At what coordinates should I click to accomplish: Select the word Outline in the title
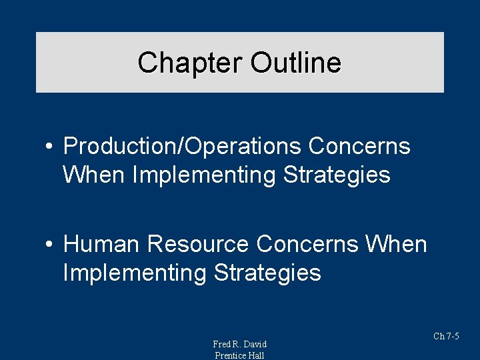click(295, 63)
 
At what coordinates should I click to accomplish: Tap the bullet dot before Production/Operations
click(50, 147)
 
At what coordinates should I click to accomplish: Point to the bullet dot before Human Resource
click(50, 245)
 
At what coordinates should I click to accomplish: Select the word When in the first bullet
click(94, 175)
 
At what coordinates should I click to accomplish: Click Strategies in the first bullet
click(337, 175)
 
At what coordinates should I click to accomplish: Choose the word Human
click(101, 244)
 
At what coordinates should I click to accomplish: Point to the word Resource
click(199, 244)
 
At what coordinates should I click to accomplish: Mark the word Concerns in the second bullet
click(307, 244)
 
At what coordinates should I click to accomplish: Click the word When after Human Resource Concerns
click(396, 244)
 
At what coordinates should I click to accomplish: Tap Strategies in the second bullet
click(267, 273)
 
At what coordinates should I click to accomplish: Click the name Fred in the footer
click(221, 344)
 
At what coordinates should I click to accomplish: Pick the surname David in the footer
click(254, 344)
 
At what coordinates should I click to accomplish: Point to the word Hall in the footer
click(256, 355)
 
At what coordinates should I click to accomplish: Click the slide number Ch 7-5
click(446, 336)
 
